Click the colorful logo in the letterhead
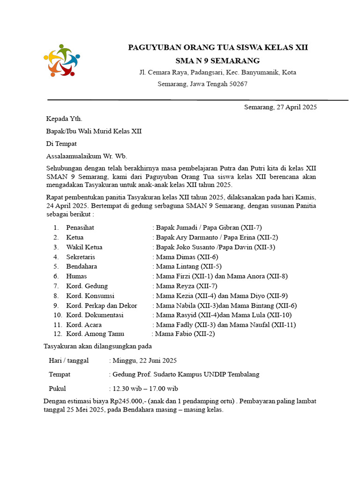coord(61,60)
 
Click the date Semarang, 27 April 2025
coord(280,107)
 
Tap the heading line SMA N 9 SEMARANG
coord(217,60)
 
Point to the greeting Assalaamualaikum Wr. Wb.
coord(86,156)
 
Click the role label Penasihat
coord(81,227)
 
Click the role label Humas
coord(76,276)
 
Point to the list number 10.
coord(58,315)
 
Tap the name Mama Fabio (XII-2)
coord(185,334)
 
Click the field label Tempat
coord(60,375)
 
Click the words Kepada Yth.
coord(64,119)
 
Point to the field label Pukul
coord(57,389)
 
